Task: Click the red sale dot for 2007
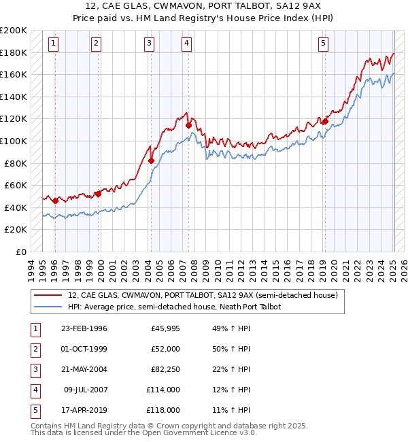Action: (x=188, y=125)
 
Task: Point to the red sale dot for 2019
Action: (x=325, y=122)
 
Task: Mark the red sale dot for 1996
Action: (x=55, y=201)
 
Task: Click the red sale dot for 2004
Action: (x=152, y=161)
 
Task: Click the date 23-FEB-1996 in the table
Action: (x=84, y=329)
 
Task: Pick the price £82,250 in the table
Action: (x=165, y=370)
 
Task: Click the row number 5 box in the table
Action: (x=34, y=411)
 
